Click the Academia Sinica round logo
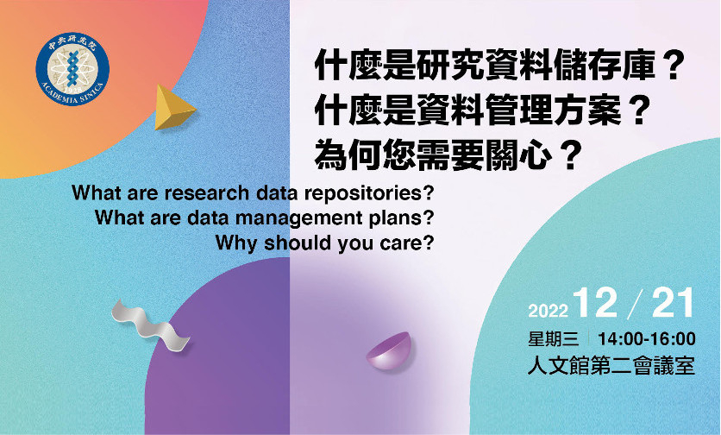coord(72,69)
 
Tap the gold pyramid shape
coord(173,107)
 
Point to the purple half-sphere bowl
coord(389,350)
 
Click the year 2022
coord(549,311)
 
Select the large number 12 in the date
coord(595,303)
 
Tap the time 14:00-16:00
coord(647,339)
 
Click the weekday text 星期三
coord(553,339)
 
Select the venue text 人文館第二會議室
coord(611,366)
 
